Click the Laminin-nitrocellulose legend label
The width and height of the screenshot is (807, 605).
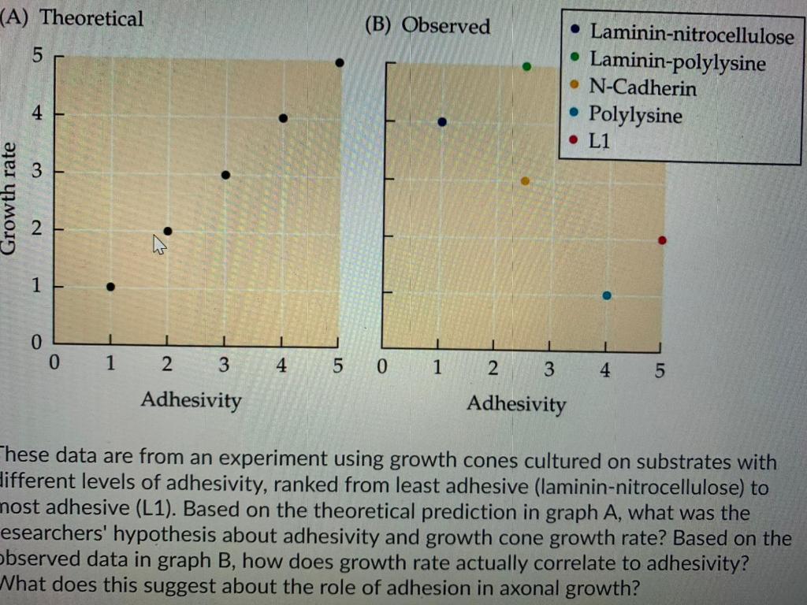692,34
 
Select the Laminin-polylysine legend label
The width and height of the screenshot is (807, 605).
677,61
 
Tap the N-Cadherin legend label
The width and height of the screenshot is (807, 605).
642,87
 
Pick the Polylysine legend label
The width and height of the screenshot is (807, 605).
635,115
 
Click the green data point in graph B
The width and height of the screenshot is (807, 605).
526,66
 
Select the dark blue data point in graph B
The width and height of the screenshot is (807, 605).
442,121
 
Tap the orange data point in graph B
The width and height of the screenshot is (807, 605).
525,181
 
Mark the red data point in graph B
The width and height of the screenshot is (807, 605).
662,240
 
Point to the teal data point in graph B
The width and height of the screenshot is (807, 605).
606,295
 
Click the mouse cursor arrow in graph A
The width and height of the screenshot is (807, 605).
159,247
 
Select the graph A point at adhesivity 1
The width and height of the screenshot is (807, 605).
110,287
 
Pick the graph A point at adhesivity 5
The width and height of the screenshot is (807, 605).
339,62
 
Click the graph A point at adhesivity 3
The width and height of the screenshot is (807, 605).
225,175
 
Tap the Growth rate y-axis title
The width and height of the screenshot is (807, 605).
10,197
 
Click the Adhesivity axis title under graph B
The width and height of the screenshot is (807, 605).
516,404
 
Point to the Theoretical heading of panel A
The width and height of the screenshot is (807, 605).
91,18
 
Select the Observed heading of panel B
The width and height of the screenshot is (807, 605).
445,26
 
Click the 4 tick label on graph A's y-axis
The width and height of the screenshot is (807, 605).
35,114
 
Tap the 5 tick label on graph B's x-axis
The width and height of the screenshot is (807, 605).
660,369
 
